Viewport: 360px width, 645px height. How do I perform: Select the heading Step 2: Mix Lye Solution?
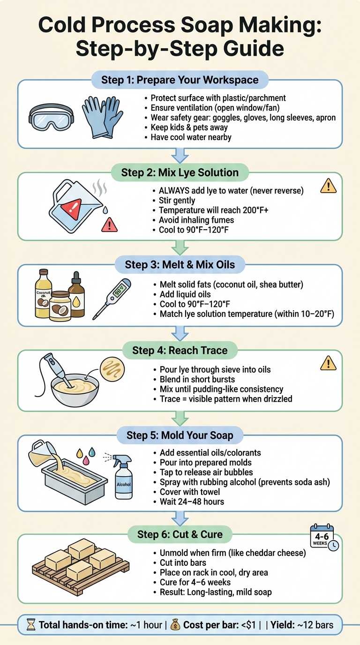click(x=180, y=172)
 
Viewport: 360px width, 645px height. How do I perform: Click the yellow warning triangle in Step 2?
click(x=328, y=187)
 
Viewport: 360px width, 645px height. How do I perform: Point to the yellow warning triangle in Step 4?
click(x=328, y=363)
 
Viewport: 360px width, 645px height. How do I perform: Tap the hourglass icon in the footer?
click(x=31, y=625)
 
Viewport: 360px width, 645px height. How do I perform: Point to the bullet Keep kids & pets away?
click(x=189, y=127)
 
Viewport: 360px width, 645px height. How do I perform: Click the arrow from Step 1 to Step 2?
click(x=180, y=156)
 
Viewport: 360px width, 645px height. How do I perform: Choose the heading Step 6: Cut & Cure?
click(x=180, y=534)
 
